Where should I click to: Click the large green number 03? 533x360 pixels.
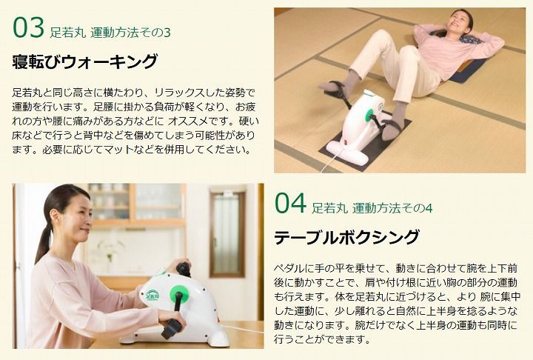(x=29, y=27)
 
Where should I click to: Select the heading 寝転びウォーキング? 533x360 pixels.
(x=85, y=61)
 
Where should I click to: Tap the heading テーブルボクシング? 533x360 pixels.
(x=346, y=238)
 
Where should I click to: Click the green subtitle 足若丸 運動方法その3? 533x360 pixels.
(x=111, y=33)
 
